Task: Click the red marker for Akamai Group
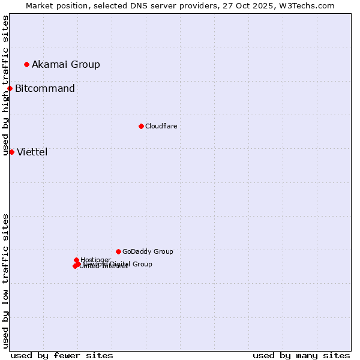click(26, 64)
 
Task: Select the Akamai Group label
click(66, 64)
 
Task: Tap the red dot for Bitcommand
click(10, 89)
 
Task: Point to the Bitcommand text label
click(45, 89)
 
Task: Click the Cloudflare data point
click(141, 126)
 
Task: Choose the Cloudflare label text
click(161, 126)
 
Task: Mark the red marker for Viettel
click(11, 152)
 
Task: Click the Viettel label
click(32, 152)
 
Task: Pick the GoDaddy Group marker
click(118, 251)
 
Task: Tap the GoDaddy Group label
click(148, 251)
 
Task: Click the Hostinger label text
click(95, 260)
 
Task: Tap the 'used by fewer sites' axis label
click(62, 355)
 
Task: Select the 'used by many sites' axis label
click(301, 355)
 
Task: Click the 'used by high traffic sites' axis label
click(5, 85)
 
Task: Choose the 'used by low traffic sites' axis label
click(5, 281)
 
